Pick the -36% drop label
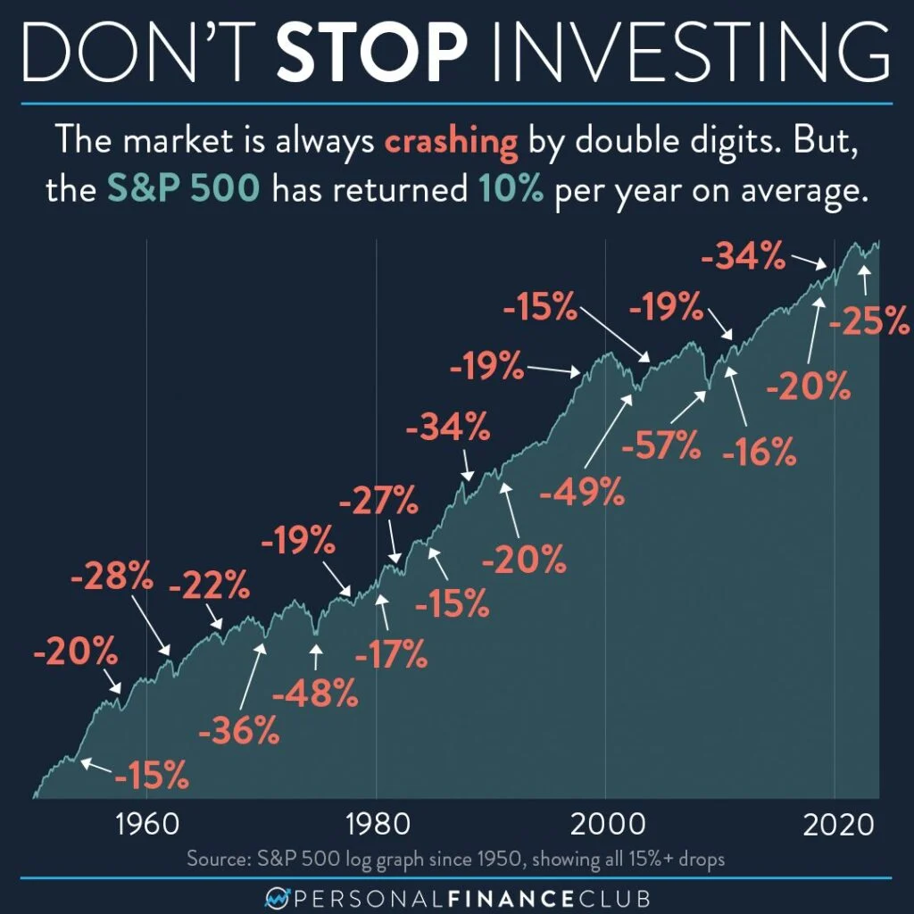click(x=239, y=732)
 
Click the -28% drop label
click(x=112, y=578)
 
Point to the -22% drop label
click(x=208, y=586)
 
